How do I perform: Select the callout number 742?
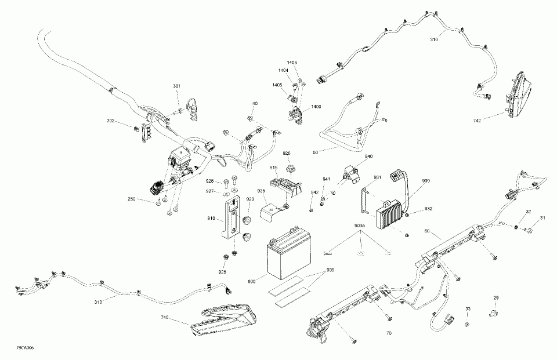coord(478,121)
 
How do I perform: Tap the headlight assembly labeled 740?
coord(226,323)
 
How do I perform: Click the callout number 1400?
coord(316,107)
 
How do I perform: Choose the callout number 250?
coord(132,199)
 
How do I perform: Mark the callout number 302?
coord(110,121)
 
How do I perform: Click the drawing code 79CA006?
coord(25,347)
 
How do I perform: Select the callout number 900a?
coord(360,225)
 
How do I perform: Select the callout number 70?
coord(388,334)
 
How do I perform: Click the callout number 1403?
coord(292,62)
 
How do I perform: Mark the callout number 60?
coord(428,231)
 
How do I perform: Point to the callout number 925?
coord(223,271)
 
